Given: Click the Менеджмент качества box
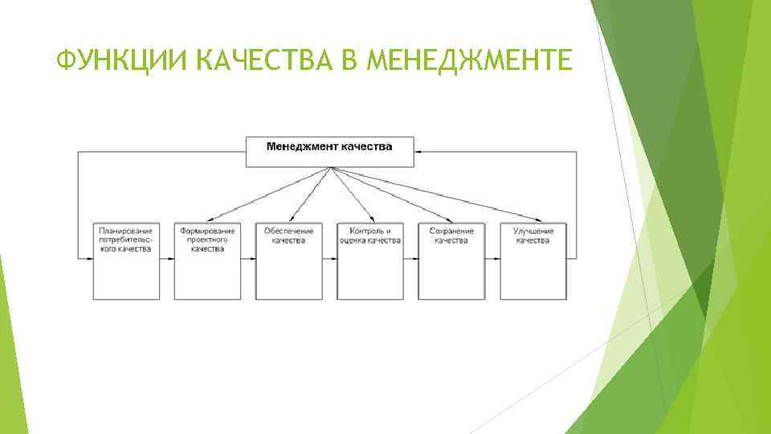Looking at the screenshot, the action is click(329, 152).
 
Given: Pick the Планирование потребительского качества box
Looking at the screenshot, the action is click(125, 260).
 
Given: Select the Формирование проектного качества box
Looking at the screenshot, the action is click(207, 260).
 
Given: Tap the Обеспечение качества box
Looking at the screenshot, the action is click(288, 260).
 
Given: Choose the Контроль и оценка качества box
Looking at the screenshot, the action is click(370, 260).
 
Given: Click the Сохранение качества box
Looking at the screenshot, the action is click(451, 260).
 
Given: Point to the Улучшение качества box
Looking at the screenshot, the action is click(532, 260).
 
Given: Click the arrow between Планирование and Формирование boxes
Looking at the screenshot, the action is click(166, 259).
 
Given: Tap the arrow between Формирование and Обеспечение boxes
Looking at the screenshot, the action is click(248, 259).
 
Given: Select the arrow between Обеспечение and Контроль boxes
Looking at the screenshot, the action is click(329, 259).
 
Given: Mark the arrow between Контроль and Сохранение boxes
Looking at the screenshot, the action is click(411, 259).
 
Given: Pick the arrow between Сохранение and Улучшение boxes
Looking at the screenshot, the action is click(492, 259).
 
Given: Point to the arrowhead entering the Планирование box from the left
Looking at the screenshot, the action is click(88, 259).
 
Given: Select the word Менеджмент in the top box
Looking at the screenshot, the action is click(302, 147).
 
